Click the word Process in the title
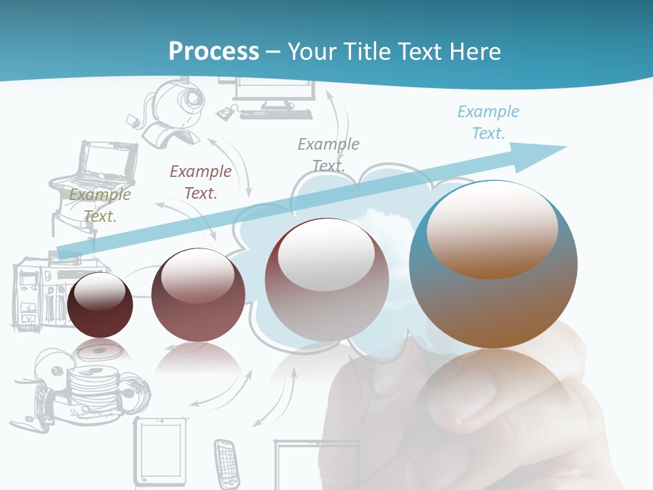coord(214,51)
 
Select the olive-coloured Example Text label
coord(100,206)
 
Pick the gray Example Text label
coord(329,154)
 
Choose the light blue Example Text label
coord(488,122)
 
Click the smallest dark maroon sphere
coord(100,305)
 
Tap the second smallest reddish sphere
coord(198,295)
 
